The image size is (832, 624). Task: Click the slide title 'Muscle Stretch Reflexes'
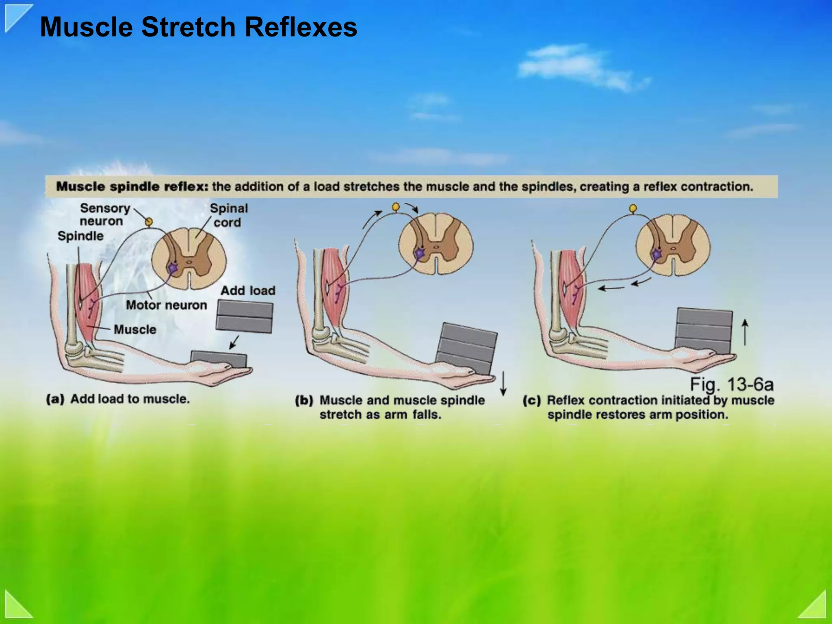[x=198, y=27]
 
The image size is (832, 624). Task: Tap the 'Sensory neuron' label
[x=104, y=214]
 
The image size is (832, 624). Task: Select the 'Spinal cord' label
[x=228, y=215]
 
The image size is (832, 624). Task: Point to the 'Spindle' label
[x=80, y=236]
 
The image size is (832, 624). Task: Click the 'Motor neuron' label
[x=166, y=305]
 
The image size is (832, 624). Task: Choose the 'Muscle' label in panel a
[x=135, y=329]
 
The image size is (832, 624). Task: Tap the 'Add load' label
[x=248, y=291]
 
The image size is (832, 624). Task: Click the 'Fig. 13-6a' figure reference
[x=732, y=384]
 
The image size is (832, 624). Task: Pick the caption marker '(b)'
[x=304, y=401]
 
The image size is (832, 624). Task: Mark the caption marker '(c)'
[x=532, y=401]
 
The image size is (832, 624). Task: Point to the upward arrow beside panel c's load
[x=745, y=332]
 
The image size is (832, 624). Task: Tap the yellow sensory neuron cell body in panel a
[x=149, y=221]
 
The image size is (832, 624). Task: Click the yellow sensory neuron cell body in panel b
[x=396, y=207]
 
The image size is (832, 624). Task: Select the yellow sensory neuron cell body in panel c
[x=633, y=208]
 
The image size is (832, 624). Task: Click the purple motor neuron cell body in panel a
[x=173, y=268]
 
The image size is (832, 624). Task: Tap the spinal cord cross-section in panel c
[x=673, y=245]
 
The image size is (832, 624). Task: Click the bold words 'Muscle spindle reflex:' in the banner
[x=132, y=187]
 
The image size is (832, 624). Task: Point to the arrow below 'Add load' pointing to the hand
[x=234, y=342]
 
